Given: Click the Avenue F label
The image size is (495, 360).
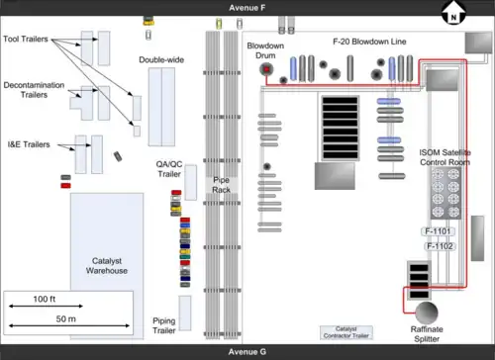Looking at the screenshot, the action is (247, 8).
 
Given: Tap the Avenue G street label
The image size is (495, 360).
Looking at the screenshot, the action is (247, 352).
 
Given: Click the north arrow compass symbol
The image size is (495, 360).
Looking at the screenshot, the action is (453, 13).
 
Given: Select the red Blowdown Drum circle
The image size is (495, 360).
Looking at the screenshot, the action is (266, 69).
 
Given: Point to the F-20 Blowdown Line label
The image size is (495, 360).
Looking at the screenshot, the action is (369, 42).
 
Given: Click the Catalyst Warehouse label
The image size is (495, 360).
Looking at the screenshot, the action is (107, 266).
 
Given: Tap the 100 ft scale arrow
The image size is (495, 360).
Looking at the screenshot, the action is (46, 306).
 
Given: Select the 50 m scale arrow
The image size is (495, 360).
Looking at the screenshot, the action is (69, 325).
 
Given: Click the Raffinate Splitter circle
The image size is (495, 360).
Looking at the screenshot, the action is (427, 313).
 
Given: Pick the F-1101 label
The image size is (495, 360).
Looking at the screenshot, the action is (438, 231).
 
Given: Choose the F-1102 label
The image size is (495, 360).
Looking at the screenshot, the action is (440, 246).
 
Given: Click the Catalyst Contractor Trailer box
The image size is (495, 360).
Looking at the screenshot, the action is (346, 332).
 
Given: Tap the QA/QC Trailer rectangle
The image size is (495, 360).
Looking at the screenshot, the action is (191, 183).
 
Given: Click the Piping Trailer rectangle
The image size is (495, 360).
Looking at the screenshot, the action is (185, 314).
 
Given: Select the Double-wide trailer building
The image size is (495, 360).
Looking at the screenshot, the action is (161, 107).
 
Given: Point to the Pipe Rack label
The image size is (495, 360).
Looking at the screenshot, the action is (221, 185).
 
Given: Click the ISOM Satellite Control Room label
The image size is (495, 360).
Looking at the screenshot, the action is (445, 157).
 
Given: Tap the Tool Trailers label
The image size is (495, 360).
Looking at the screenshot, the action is (26, 39).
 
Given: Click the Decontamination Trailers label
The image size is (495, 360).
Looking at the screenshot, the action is (34, 90).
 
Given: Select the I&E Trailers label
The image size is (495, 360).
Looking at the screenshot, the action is (29, 144).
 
